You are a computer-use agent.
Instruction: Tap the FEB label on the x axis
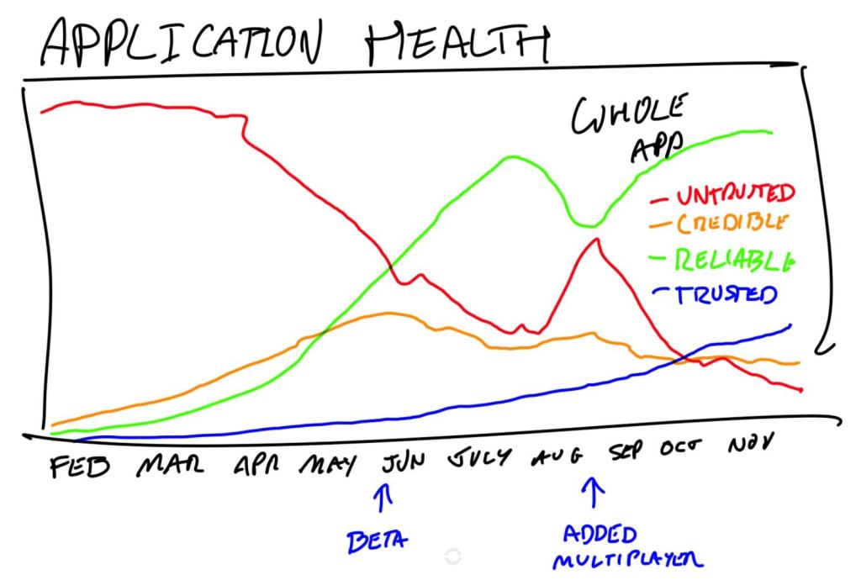point(80,465)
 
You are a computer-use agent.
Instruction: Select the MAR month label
point(168,465)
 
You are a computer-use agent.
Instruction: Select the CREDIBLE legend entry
point(730,224)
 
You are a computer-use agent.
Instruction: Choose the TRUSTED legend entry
point(726,293)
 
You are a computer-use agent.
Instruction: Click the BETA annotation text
point(376,539)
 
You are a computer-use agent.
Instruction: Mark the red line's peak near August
point(596,240)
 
